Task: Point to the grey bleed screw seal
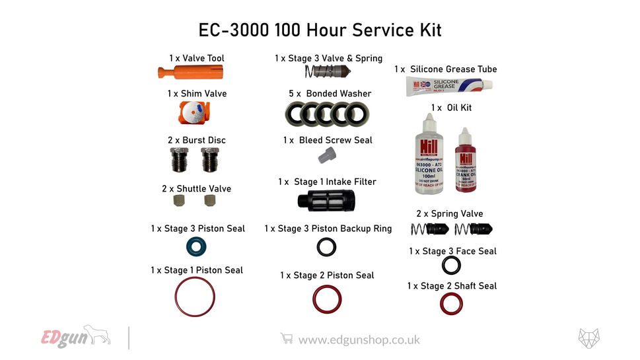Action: click(x=326, y=156)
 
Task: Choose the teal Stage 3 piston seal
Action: click(x=196, y=248)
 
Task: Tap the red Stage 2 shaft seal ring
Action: click(x=450, y=303)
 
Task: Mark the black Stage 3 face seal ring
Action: click(x=451, y=266)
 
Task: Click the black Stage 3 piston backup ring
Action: click(x=327, y=247)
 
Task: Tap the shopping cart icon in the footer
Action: click(x=287, y=339)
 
